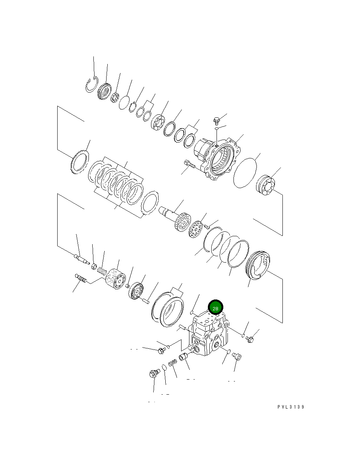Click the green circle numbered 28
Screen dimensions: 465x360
point(215,308)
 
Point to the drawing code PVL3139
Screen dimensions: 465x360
point(291,407)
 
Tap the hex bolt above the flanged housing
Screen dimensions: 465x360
point(217,121)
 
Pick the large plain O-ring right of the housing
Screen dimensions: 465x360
point(245,172)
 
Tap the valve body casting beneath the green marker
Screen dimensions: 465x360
point(209,335)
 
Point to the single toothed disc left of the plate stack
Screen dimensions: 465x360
point(79,162)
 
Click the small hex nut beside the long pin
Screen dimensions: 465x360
point(94,266)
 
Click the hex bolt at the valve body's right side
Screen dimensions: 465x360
point(250,339)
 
